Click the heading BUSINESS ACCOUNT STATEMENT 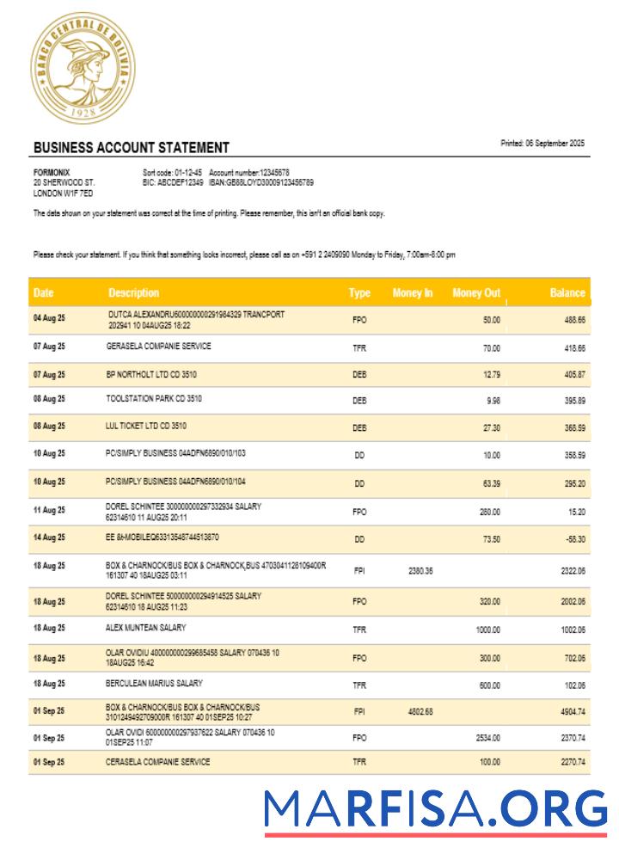131,148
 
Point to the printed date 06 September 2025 542,143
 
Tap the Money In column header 413,293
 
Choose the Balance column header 567,293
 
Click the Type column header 359,293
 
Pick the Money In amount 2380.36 420,571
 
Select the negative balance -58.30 572,539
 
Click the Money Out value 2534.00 487,738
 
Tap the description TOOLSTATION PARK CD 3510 154,399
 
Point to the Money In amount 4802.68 420,712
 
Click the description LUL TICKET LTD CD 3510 145,426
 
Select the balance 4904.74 570,712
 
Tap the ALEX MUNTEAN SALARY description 145,628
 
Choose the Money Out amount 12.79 491,374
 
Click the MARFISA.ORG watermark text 435,810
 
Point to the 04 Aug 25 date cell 49,320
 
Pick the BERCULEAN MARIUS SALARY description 154,683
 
